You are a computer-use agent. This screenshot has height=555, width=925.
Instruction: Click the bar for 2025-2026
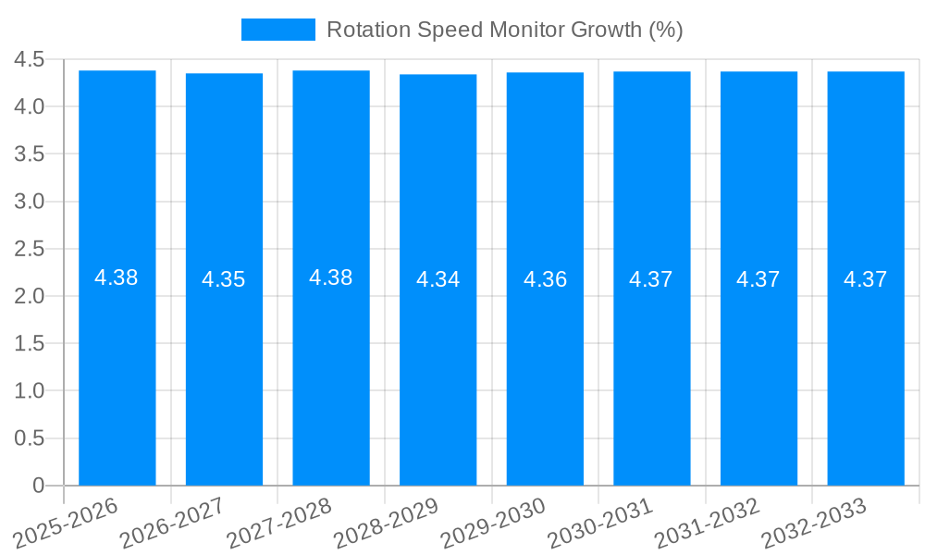[117, 370]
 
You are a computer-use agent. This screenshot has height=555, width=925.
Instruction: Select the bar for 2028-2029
[438, 370]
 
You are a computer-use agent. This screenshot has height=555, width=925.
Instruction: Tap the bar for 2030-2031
[651, 370]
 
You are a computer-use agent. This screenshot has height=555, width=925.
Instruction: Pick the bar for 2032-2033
[866, 370]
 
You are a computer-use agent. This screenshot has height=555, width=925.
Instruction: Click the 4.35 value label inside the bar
[224, 279]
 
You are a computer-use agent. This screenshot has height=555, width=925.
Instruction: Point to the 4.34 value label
[438, 279]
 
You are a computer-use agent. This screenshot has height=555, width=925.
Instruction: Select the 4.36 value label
[545, 279]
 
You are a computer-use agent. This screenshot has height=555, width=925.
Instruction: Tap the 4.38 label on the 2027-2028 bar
[330, 277]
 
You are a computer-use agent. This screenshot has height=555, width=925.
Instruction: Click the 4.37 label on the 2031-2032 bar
[758, 279]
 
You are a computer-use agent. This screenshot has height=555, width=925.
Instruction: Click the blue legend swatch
[277, 30]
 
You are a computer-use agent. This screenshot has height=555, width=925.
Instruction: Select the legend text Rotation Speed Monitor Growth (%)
[504, 30]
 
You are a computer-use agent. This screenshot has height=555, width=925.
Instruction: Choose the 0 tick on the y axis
[38, 486]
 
